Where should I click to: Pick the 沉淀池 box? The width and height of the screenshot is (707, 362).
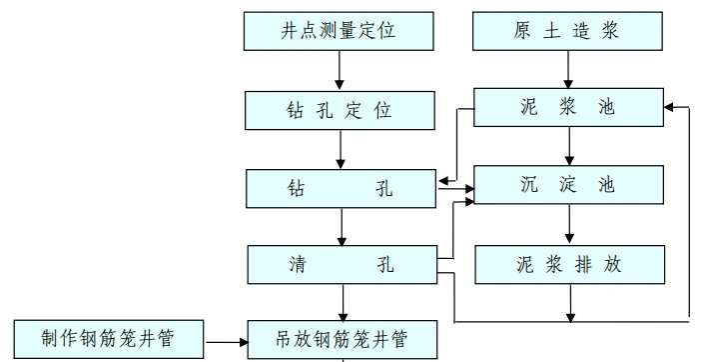pos(568,186)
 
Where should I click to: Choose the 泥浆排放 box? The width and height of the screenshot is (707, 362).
pos(568,264)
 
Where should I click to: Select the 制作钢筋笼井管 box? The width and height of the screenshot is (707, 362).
pos(109,339)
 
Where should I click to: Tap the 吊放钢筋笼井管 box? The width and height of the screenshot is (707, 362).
pos(342,339)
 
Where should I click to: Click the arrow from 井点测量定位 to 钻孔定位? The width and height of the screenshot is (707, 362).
pos(341,69)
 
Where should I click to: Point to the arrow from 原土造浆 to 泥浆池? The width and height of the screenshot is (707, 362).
pos(569,69)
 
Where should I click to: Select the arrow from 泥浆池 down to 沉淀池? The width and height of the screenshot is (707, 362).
pos(569,147)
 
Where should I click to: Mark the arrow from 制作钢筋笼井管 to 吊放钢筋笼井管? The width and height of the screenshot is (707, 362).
pos(227,341)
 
